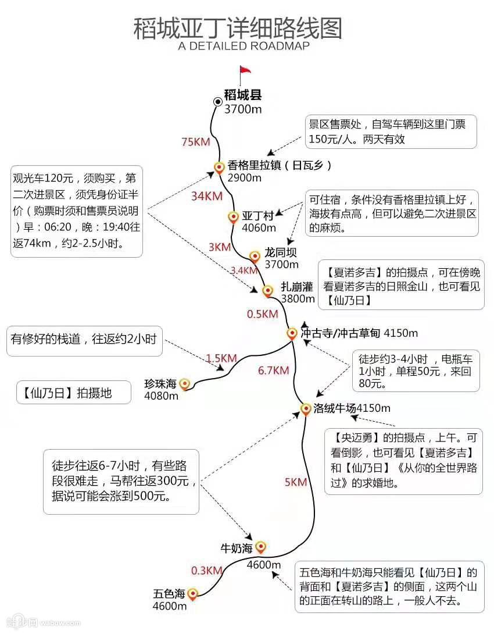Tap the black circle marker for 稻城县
point(217,102)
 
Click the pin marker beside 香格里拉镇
point(219,168)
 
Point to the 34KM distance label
point(206,196)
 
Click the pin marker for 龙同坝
point(255,257)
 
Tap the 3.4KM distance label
point(244,270)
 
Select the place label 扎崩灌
point(297,287)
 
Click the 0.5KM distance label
point(263,314)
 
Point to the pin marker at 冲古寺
point(292,333)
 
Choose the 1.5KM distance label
point(221,358)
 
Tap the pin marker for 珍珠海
point(185,384)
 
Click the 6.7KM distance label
point(273,370)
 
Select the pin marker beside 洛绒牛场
point(305,408)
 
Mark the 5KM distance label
point(295,482)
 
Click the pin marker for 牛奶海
point(260,547)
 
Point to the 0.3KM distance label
point(206,571)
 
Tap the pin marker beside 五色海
point(193,593)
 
